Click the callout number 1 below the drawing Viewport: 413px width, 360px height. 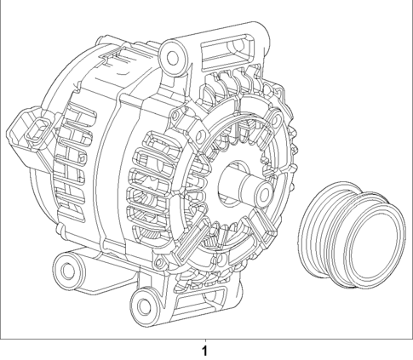(x=204, y=350)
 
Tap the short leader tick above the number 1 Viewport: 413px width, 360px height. (x=204, y=337)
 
